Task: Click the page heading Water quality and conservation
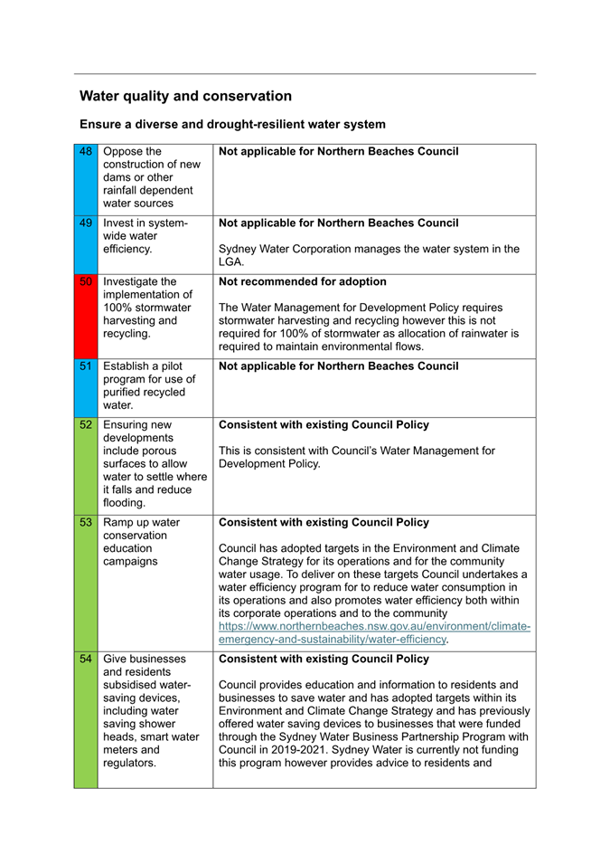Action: click(x=185, y=96)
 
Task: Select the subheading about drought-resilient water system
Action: click(x=232, y=124)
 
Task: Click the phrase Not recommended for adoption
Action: click(x=303, y=281)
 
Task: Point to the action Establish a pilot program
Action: click(x=143, y=385)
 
